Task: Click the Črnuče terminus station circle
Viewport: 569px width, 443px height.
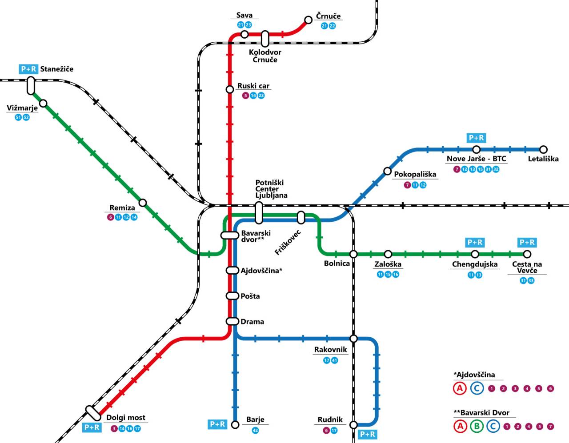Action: pyautogui.click(x=309, y=20)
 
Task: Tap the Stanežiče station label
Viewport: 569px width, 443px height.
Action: pyautogui.click(x=57, y=69)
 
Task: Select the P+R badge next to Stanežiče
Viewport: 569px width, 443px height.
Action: pyautogui.click(x=28, y=69)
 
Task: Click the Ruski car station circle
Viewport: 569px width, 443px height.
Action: pyautogui.click(x=230, y=89)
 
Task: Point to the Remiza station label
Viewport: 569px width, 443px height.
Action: pyautogui.click(x=122, y=208)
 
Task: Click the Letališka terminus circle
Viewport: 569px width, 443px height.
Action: pyautogui.click(x=544, y=150)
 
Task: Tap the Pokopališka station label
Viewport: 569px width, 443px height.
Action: pyautogui.click(x=415, y=174)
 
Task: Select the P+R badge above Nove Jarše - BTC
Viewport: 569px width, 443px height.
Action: pyautogui.click(x=476, y=138)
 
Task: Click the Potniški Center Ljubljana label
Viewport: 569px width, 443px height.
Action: pyautogui.click(x=271, y=189)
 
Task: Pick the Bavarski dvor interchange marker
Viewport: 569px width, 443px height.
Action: pyautogui.click(x=230, y=235)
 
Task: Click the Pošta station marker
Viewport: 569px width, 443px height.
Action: pyautogui.click(x=232, y=296)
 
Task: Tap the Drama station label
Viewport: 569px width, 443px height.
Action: pyautogui.click(x=252, y=322)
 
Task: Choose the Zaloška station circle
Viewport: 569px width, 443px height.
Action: pyautogui.click(x=388, y=254)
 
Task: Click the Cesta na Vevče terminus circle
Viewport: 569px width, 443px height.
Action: pyautogui.click(x=527, y=254)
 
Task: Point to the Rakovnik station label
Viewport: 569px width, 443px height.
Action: pyautogui.click(x=330, y=350)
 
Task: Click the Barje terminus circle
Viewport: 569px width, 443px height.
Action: pyautogui.click(x=235, y=425)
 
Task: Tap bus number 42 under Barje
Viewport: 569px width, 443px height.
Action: pyautogui.click(x=255, y=431)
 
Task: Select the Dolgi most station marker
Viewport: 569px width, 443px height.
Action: pyautogui.click(x=93, y=413)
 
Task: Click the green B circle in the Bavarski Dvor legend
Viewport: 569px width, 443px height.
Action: pyautogui.click(x=477, y=426)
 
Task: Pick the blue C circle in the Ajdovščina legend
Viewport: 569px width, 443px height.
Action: pyautogui.click(x=477, y=389)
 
